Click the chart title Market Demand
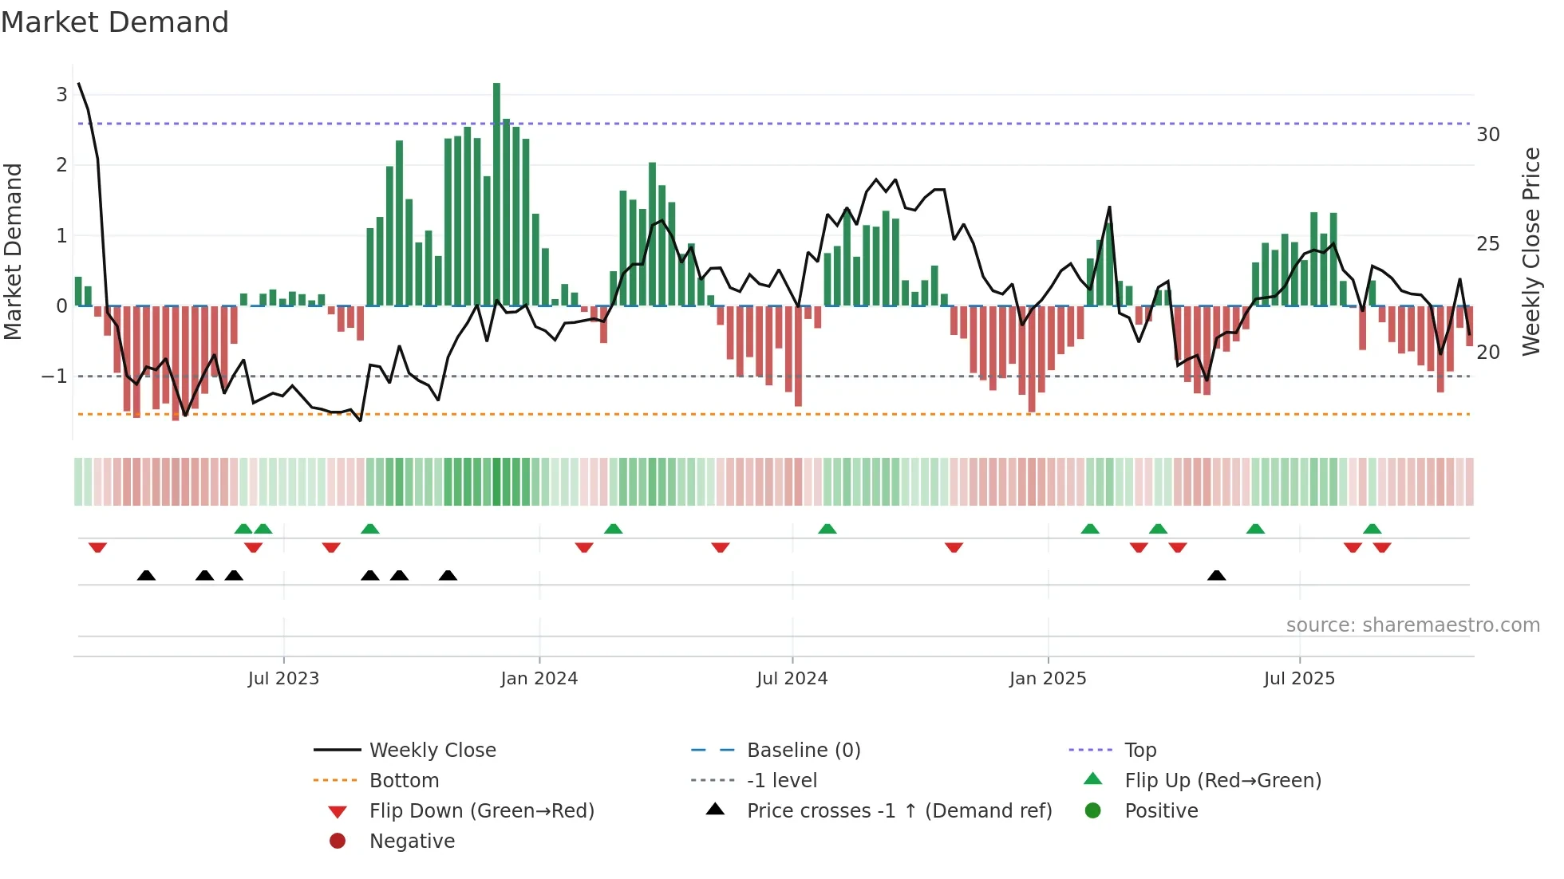click(115, 22)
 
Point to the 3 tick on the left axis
click(61, 95)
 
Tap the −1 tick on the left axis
click(55, 376)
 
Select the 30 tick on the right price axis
click(1487, 134)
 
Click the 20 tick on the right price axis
click(1487, 352)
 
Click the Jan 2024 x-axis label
click(539, 678)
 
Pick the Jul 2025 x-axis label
click(1299, 678)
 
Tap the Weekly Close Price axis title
click(1530, 251)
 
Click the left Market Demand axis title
click(13, 251)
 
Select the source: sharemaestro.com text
click(1412, 625)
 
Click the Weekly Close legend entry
click(432, 750)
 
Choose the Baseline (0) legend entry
click(803, 750)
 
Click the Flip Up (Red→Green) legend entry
click(1222, 780)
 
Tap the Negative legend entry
click(412, 841)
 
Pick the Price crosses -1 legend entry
click(899, 810)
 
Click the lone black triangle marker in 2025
click(1216, 575)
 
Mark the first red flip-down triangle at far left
click(97, 547)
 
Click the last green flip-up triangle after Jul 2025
click(1372, 529)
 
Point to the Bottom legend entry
click(404, 780)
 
